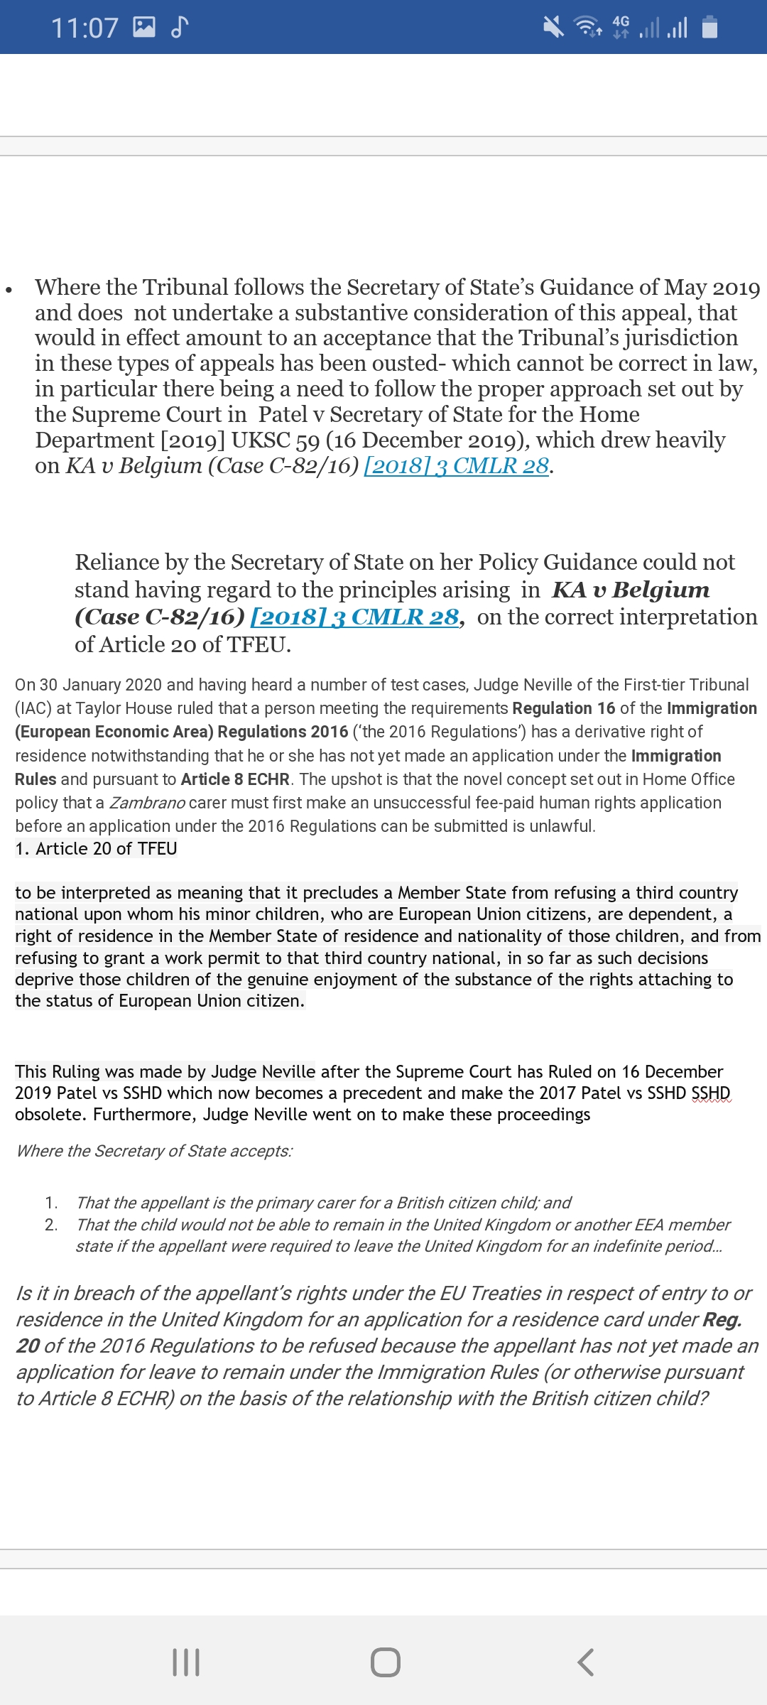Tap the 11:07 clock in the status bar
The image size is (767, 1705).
84,28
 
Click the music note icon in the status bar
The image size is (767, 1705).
180,27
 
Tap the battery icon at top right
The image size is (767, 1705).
709,27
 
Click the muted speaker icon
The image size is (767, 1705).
553,27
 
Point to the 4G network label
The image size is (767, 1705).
621,22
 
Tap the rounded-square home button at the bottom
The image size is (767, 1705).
385,1662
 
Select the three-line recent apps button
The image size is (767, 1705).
186,1662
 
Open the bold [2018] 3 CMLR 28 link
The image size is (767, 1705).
355,617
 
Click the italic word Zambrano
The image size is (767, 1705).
147,803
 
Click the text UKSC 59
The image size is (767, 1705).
276,440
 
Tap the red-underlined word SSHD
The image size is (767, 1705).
710,1093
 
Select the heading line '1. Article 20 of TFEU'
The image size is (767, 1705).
96,849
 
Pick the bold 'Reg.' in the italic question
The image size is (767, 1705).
722,1320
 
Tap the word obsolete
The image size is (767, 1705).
50,1115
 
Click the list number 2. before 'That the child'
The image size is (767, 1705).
51,1225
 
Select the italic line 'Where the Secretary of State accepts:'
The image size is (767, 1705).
154,1151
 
